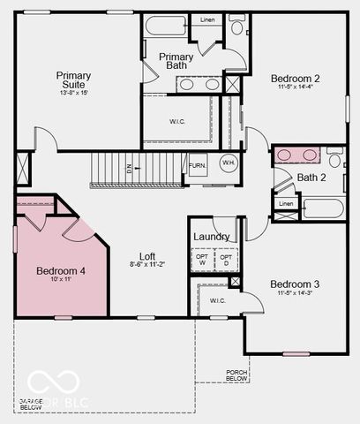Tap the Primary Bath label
(176, 62)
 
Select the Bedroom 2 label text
(295, 79)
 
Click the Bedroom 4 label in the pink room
(61, 271)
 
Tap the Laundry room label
(212, 237)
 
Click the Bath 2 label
(311, 178)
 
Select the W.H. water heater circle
(228, 163)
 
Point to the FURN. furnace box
(198, 165)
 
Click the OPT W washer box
(203, 260)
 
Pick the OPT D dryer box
(226, 260)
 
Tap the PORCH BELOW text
(236, 375)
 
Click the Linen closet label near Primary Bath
(207, 19)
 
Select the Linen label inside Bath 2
(285, 203)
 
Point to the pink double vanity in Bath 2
(297, 155)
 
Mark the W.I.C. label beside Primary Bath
(177, 121)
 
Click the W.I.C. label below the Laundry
(217, 301)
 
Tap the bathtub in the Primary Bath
(166, 25)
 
